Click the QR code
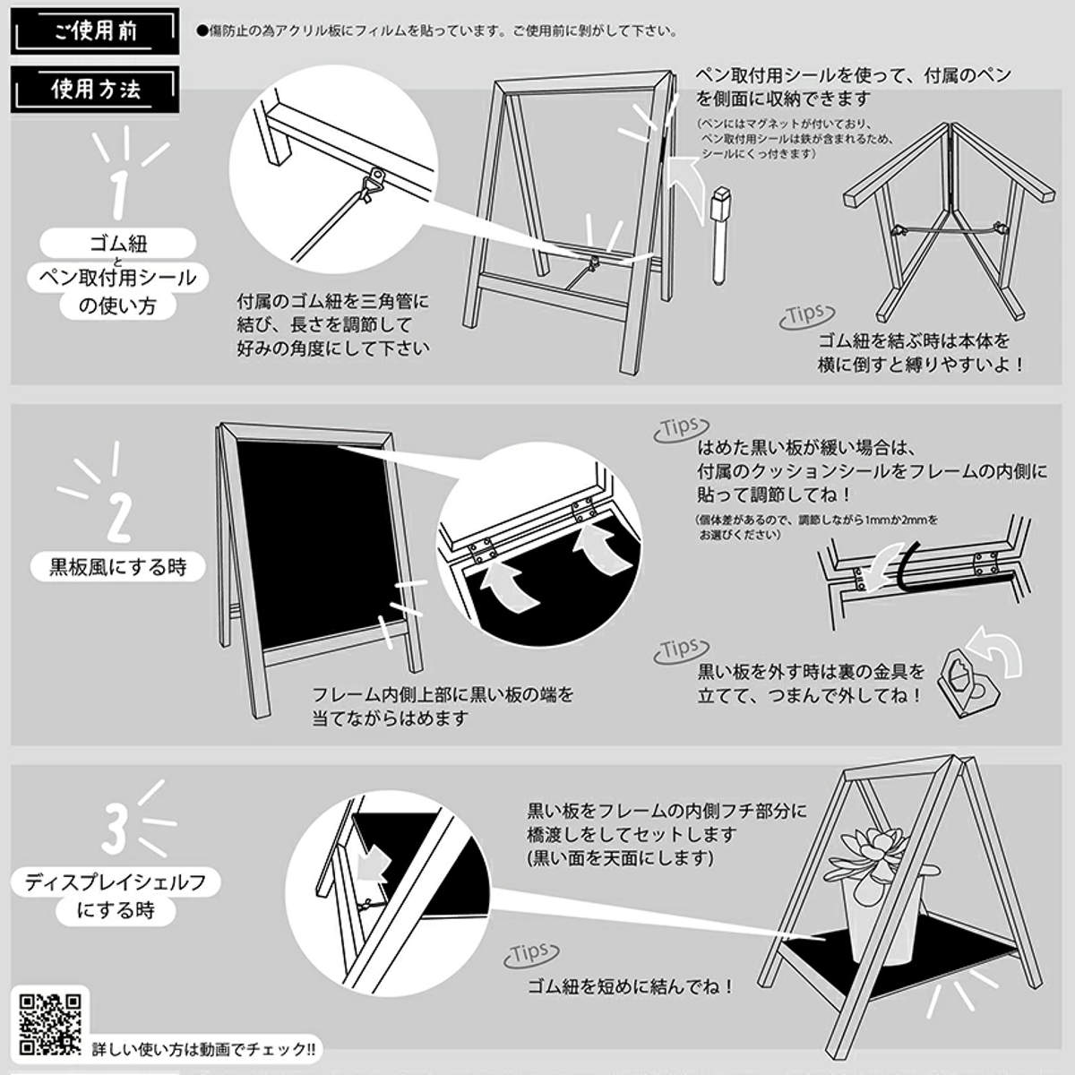point(51,1024)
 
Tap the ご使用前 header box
point(95,31)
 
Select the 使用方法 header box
point(95,90)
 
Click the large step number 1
point(118,195)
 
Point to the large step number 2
point(119,519)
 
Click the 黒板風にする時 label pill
point(117,567)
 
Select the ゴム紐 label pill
point(117,244)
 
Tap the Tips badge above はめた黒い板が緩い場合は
point(681,429)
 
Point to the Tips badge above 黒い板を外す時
point(681,649)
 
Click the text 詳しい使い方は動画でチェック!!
point(203,1049)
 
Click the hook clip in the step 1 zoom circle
point(374,184)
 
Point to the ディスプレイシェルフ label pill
point(116,882)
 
